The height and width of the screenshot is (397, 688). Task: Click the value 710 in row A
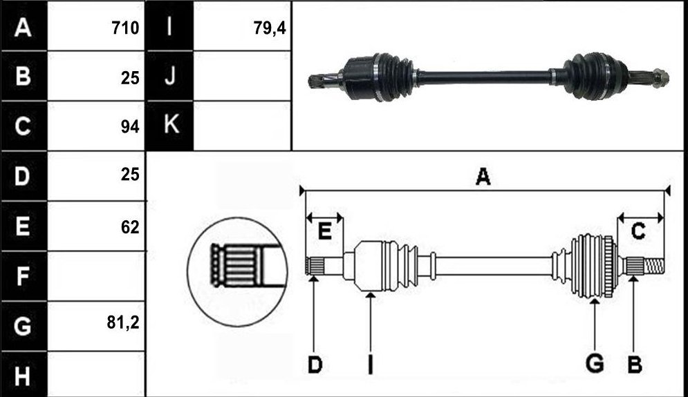(125, 28)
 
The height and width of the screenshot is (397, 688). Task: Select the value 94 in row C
(130, 126)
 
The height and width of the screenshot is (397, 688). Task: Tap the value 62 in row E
(130, 227)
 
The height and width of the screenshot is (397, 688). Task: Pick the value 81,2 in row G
(123, 322)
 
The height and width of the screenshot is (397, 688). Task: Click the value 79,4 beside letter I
(270, 28)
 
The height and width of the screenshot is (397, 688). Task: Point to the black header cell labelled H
(24, 375)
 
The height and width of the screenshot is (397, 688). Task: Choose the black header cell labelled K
(169, 126)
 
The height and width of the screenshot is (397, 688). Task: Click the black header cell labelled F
(24, 276)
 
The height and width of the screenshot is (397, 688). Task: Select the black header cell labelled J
(169, 76)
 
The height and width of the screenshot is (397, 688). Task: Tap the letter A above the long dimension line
(483, 177)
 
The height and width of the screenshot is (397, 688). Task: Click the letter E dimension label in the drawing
(324, 231)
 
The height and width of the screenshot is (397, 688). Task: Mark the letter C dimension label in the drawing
(638, 231)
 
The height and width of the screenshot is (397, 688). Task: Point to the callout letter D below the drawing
(315, 365)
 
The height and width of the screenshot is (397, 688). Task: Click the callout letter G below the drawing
(595, 364)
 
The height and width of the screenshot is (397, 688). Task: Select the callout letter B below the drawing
(635, 365)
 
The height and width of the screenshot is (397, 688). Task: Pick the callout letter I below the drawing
(371, 365)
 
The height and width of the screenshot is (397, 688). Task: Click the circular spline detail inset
(237, 271)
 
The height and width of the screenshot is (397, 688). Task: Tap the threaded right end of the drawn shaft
(654, 265)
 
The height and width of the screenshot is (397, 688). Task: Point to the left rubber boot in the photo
(394, 77)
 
